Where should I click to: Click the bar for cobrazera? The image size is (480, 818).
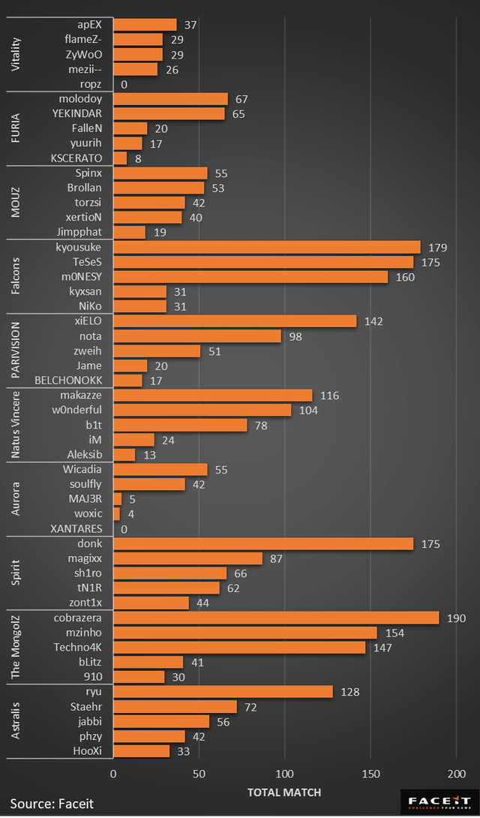coord(276,618)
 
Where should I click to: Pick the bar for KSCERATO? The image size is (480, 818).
coord(120,158)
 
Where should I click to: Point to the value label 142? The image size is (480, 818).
coord(373,321)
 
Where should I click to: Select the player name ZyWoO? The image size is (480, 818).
coord(84,55)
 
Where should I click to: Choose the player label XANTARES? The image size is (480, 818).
coord(76,529)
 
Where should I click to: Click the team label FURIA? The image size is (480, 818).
coord(16,128)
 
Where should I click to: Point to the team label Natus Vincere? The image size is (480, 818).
coord(16,425)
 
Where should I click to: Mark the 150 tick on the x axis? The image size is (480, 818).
coord(370,774)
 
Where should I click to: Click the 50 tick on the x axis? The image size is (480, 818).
coord(199,774)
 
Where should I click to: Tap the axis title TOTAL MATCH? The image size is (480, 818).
coord(284,792)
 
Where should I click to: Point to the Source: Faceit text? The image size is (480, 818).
coord(52,804)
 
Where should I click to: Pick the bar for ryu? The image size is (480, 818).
coord(223,692)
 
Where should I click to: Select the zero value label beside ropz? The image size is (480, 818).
coord(124,85)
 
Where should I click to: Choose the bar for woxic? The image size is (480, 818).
coord(116,514)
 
